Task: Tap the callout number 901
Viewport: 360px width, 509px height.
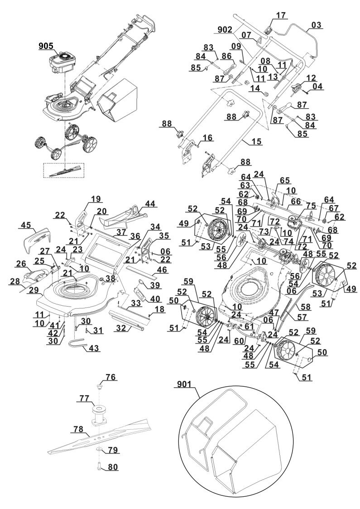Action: click(x=183, y=385)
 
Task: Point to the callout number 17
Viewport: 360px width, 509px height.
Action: click(x=281, y=15)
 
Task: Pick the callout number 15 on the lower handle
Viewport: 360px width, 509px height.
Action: click(x=257, y=142)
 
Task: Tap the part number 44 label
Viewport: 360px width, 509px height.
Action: click(x=149, y=204)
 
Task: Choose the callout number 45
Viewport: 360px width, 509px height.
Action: click(x=26, y=225)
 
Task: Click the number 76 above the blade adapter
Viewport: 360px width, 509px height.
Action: click(x=110, y=377)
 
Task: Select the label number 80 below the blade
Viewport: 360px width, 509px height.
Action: click(x=112, y=467)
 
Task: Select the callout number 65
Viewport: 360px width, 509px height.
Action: click(x=285, y=180)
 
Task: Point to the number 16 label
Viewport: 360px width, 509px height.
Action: click(x=208, y=138)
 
